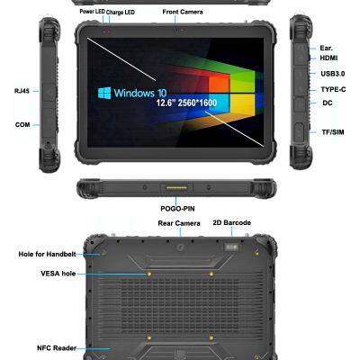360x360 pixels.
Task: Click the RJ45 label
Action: (22, 90)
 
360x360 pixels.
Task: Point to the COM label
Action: (22, 124)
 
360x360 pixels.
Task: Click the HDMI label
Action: (329, 58)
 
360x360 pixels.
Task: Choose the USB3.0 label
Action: (332, 74)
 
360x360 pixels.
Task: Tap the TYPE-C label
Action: (333, 89)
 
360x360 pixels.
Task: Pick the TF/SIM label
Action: (332, 132)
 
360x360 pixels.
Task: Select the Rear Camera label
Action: (178, 222)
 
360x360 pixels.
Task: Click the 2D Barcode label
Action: (231, 222)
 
